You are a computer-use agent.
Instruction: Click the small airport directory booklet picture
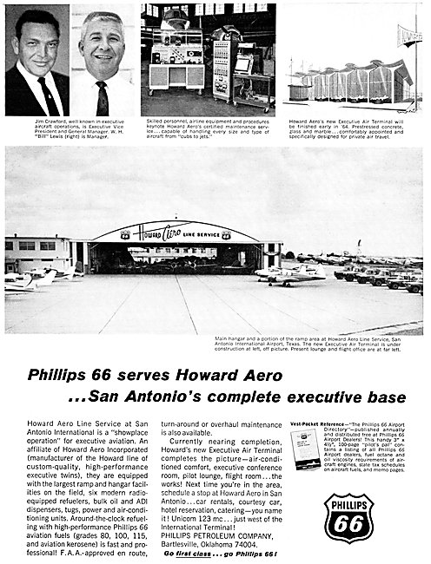click(x=306, y=452)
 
